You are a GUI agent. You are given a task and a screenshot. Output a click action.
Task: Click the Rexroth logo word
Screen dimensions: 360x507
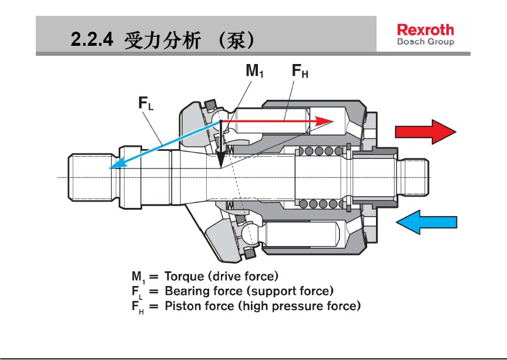[x=425, y=29]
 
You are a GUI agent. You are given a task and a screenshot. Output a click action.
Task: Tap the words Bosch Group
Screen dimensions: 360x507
[x=425, y=42]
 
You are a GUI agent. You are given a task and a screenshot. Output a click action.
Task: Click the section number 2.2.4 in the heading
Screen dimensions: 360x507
[x=91, y=39]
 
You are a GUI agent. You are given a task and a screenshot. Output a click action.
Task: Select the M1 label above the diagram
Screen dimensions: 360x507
[x=254, y=72]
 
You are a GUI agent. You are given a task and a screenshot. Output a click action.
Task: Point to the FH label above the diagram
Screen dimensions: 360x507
[x=300, y=72]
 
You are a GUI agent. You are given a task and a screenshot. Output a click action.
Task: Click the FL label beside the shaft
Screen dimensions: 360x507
[x=146, y=104]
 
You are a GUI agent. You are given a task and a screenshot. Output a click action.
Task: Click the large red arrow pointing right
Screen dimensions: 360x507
[x=425, y=132]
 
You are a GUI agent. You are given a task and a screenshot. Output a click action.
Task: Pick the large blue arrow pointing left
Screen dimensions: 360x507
[x=425, y=222]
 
